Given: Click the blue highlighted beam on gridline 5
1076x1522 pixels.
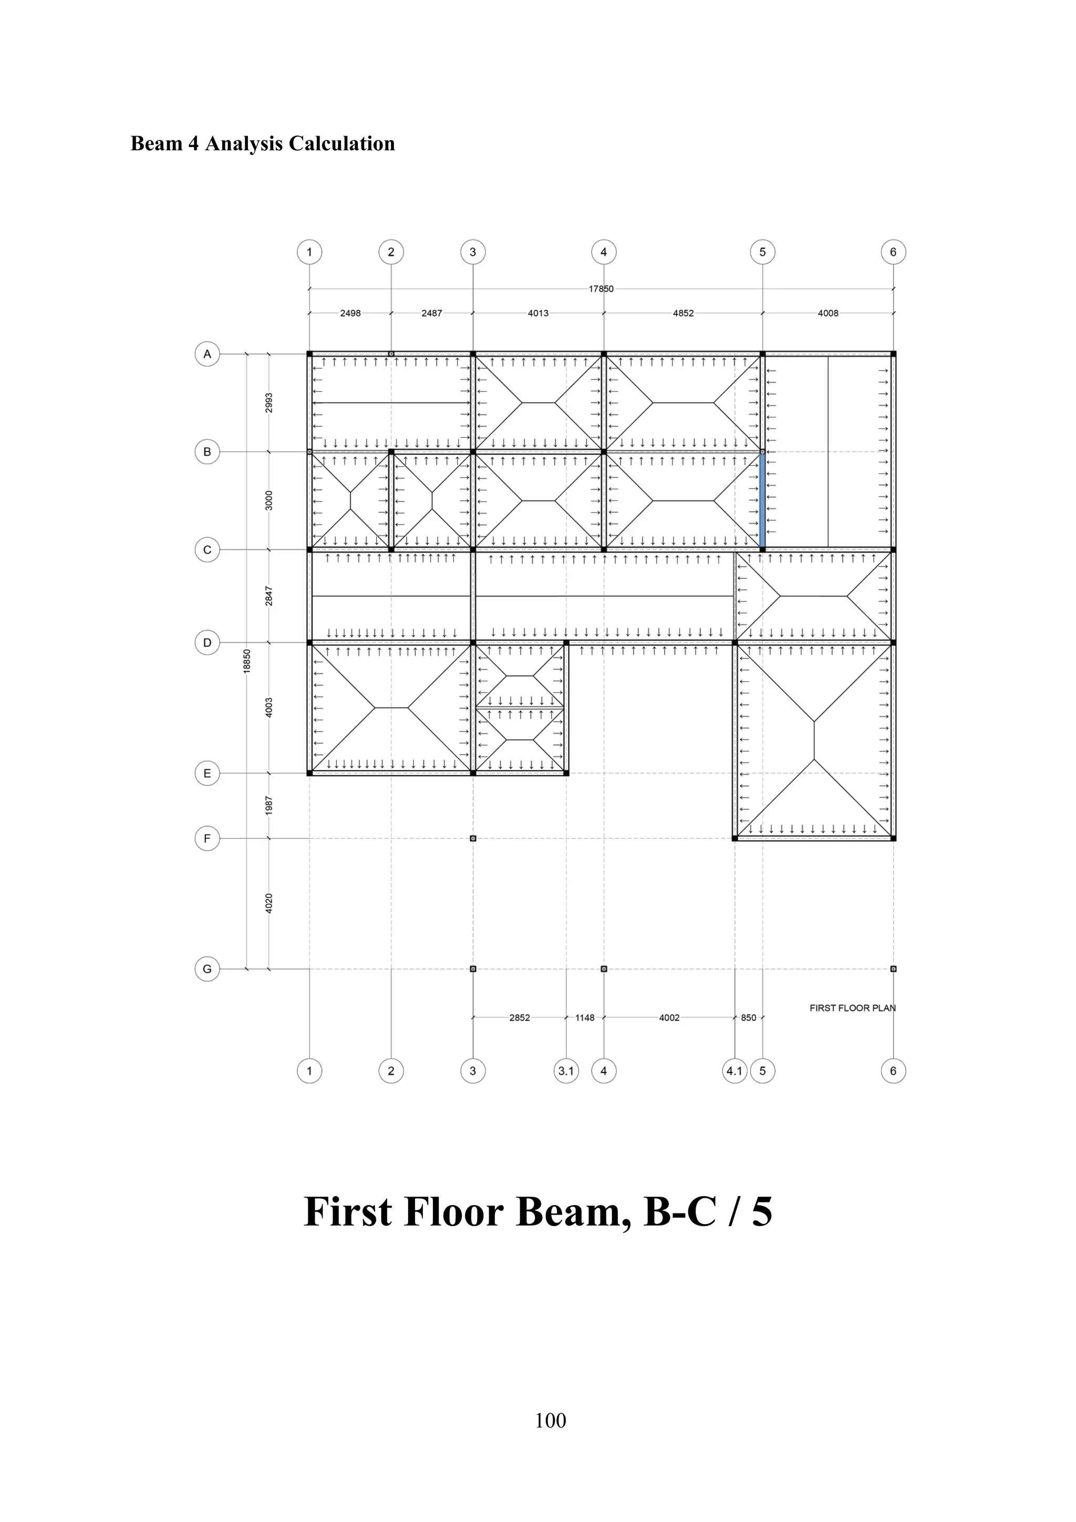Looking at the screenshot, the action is [762, 500].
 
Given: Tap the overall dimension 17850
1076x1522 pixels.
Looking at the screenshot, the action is [601, 289].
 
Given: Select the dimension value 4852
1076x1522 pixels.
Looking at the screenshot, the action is [683, 313].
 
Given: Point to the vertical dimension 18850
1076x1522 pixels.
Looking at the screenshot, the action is [246, 662].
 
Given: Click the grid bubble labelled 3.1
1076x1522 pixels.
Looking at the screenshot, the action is [566, 1071].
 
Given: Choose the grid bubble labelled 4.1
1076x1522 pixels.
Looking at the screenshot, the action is [734, 1071].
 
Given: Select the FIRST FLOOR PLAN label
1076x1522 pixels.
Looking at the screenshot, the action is [852, 1007].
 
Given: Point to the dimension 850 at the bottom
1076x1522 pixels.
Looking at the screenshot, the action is [748, 1017].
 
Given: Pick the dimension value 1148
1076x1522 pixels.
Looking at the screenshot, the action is [584, 1017].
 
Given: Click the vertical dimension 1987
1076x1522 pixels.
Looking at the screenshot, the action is [269, 806].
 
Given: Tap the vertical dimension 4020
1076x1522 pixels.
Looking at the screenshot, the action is [269, 903].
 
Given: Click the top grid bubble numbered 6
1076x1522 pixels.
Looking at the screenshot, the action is [893, 252].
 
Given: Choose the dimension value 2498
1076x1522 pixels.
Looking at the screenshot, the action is [350, 313].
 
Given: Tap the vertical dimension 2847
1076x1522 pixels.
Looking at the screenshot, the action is [269, 595].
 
